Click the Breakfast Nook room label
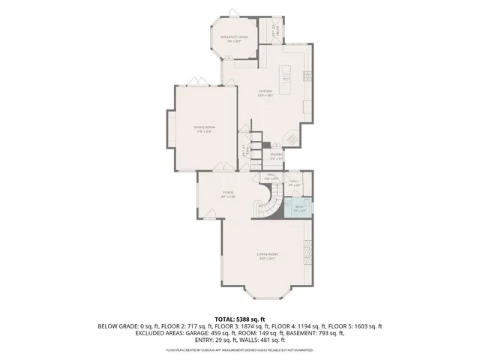[x=233, y=37]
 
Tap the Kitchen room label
[x=265, y=93]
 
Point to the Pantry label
[x=277, y=157]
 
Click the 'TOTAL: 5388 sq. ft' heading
[x=240, y=319]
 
